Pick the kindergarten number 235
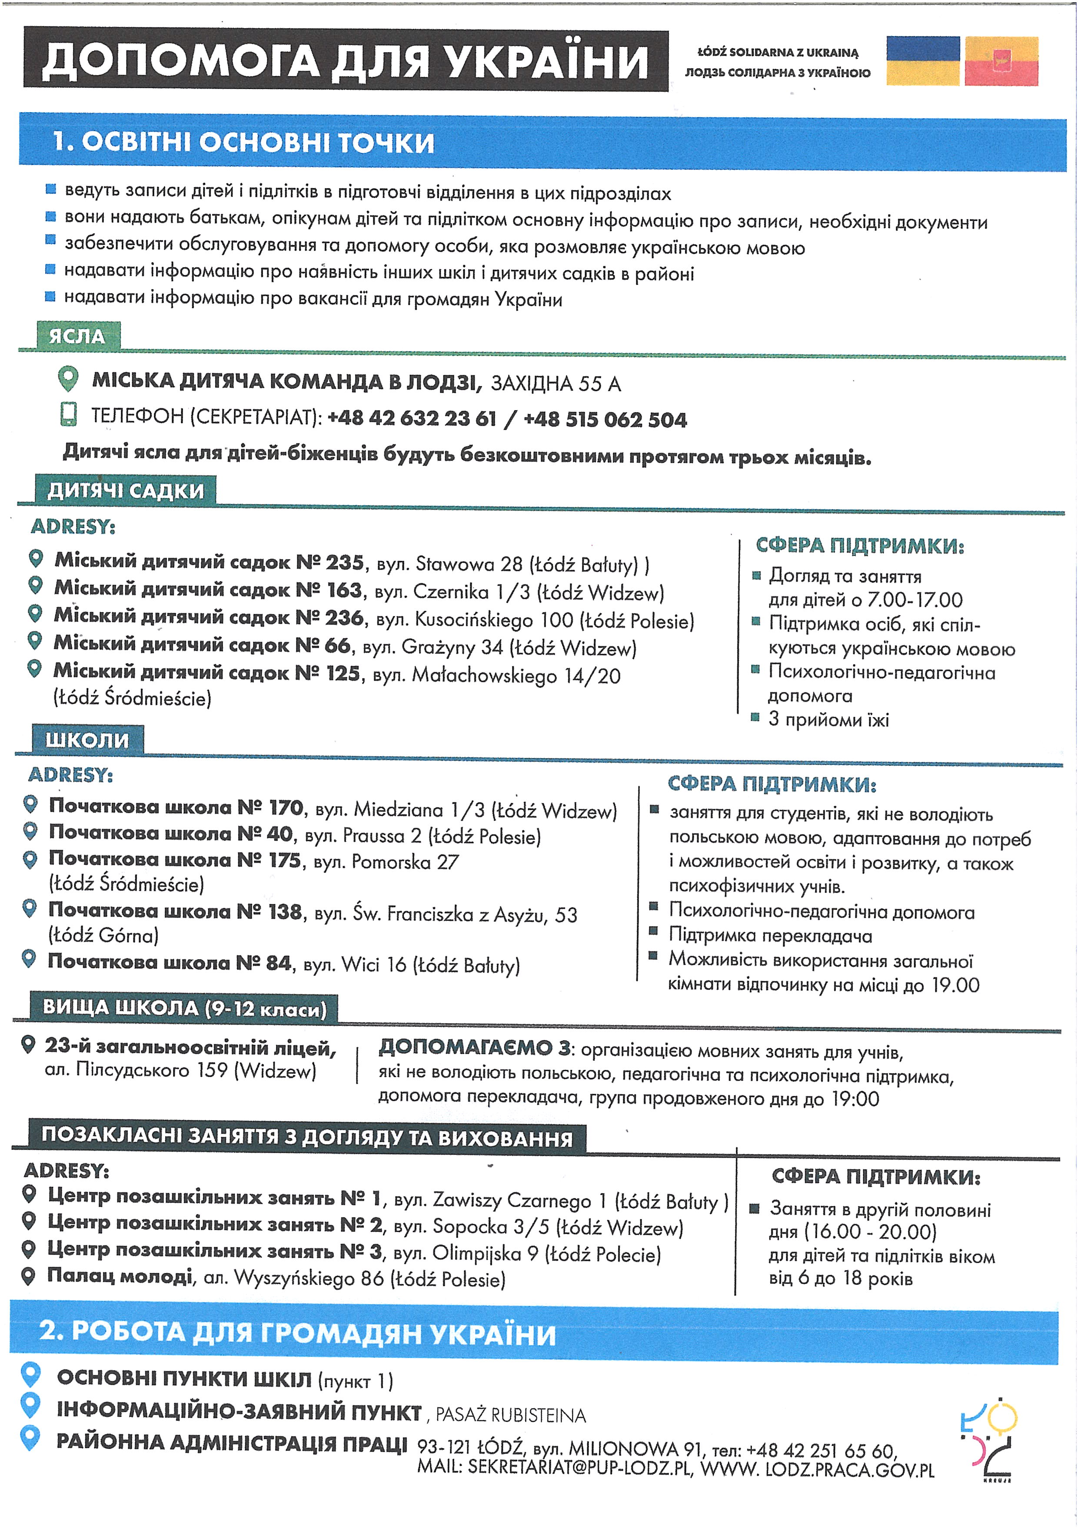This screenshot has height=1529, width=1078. (344, 563)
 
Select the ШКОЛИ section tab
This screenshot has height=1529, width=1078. (87, 740)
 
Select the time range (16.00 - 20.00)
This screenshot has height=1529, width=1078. (870, 1232)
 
